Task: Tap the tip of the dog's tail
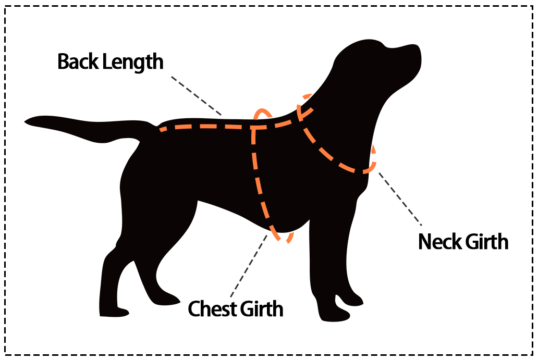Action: (x=27, y=122)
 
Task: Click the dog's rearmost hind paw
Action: (x=112, y=312)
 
